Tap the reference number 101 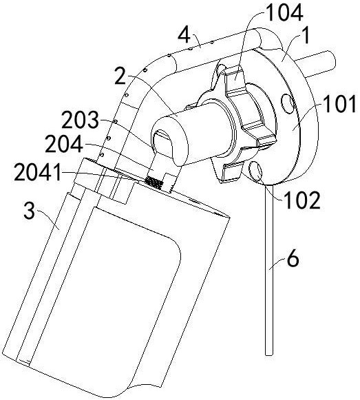pyautogui.click(x=339, y=105)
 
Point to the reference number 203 pyautogui.click(x=80, y=120)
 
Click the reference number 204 pyautogui.click(x=64, y=144)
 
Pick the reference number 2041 pyautogui.click(x=38, y=173)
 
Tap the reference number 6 pyautogui.click(x=293, y=259)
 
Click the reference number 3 pyautogui.click(x=29, y=210)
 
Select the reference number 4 pyautogui.click(x=184, y=35)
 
